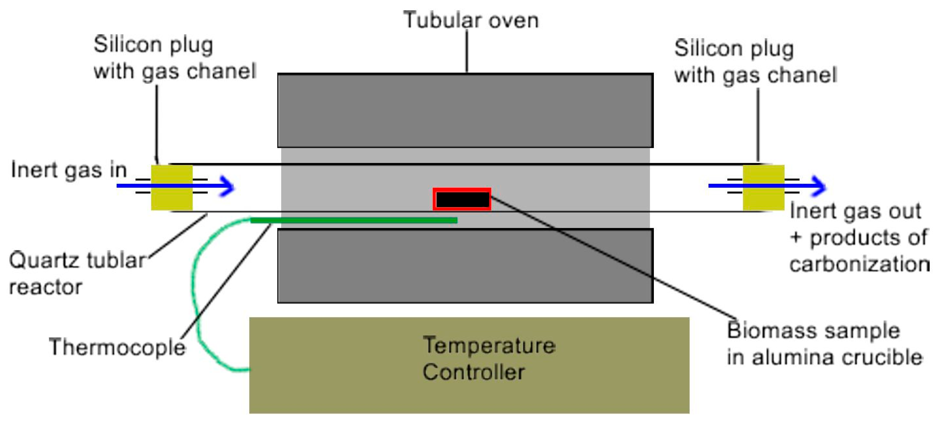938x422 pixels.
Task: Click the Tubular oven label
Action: tap(470, 20)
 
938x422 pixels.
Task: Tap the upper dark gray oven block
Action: tap(465, 110)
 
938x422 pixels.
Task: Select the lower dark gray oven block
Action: tap(465, 265)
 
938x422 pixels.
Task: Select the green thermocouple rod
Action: tap(353, 220)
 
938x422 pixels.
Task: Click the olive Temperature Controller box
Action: tap(469, 365)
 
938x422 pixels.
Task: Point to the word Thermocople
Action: tap(117, 347)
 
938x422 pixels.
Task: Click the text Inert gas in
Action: tap(69, 170)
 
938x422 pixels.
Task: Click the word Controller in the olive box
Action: tap(473, 372)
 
